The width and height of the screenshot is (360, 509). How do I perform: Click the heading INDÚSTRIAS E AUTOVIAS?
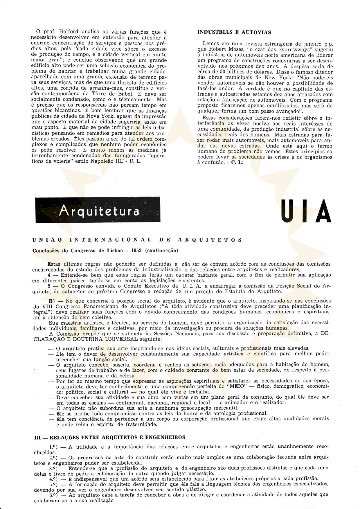[x=234, y=32]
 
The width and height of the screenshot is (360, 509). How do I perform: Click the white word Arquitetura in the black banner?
[x=99, y=211]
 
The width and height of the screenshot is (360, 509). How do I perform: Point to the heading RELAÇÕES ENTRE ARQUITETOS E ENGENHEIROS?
[x=118, y=437]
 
